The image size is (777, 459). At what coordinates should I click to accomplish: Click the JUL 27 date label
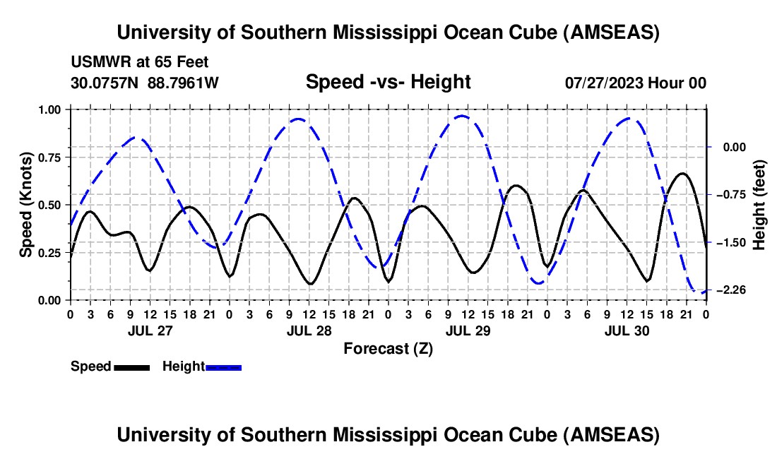149,330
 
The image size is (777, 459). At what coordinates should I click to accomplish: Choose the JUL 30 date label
626,330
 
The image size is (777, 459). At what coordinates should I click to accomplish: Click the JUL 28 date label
308,330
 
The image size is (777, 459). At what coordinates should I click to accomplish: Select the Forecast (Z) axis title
388,348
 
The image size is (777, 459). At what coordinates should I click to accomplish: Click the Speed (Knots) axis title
25,205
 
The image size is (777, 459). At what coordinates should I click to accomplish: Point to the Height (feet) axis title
760,205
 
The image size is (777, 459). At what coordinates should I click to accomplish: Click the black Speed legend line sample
131,366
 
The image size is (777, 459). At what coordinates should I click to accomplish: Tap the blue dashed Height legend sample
223,366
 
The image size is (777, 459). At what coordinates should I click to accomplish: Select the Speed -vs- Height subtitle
388,82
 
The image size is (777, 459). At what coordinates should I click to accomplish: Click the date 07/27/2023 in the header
604,83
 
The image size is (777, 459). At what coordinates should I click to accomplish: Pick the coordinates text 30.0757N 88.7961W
145,83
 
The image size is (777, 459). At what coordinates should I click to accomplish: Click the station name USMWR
97,62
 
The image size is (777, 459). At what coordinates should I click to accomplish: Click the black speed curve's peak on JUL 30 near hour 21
682,173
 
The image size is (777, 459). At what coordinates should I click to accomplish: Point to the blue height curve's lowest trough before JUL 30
539,284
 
